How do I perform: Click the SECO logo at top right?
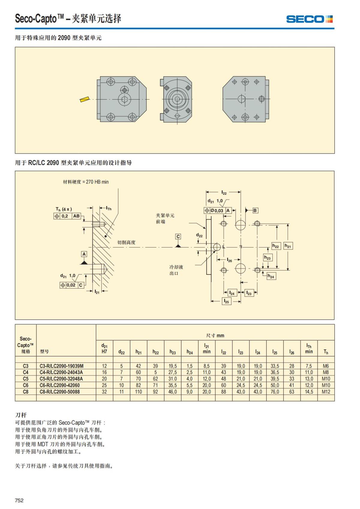309,19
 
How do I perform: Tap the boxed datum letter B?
255,210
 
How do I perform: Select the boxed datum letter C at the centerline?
178,236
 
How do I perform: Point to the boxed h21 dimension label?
288,246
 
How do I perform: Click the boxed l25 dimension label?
226,301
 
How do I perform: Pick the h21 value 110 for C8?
138,392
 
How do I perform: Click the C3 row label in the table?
25,366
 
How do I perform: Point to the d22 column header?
121,352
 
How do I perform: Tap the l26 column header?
292,352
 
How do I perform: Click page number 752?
19,500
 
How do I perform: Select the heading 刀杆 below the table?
21,415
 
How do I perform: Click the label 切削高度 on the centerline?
126,242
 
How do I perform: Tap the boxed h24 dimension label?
271,276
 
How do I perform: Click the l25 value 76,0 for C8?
274,392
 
